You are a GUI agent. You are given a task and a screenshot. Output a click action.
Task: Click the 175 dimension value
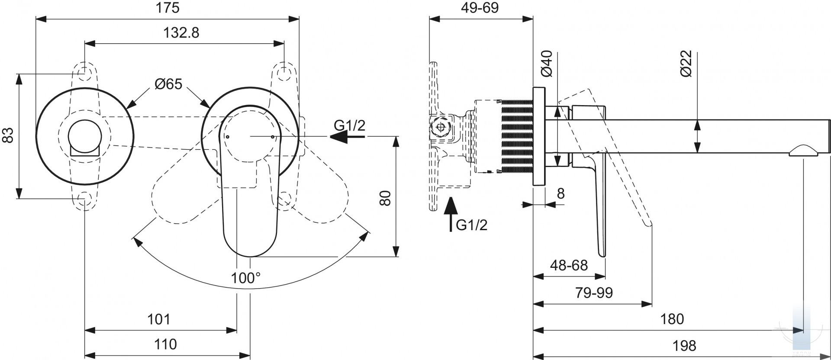pos(168,8)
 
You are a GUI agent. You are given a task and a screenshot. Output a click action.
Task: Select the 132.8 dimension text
pos(181,33)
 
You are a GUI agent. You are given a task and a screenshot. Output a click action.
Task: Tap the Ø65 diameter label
pos(168,84)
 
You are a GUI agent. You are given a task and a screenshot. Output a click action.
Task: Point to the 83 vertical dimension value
pos(8,135)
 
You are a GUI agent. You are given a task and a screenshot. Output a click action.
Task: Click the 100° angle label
pos(245,278)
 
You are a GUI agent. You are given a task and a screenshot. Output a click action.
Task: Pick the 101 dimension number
pos(159,319)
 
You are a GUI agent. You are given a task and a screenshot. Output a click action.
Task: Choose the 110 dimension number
pos(165,344)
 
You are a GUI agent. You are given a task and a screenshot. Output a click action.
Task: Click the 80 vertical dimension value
pos(385,198)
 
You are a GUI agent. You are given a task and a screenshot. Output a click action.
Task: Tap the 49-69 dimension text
pos(480,8)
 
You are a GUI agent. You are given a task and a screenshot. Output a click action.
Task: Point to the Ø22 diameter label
pos(686,64)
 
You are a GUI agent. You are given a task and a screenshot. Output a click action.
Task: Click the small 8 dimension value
pos(560,193)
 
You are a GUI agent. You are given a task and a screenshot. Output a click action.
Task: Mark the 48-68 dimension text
pos(569,265)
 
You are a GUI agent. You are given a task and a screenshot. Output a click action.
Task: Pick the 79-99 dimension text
pos(594,293)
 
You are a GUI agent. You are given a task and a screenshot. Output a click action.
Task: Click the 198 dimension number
pos(684,346)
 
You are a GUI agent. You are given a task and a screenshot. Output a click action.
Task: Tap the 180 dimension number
pos(672,319)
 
